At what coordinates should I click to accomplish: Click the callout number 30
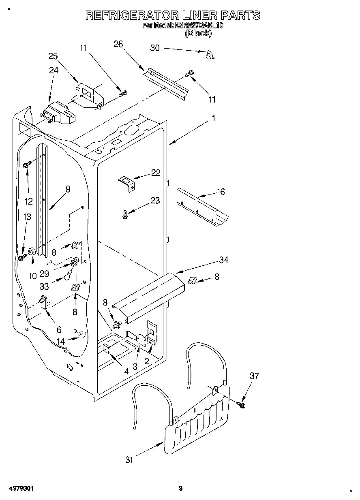[x=155, y=48]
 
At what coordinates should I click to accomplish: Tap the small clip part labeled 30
[x=210, y=54]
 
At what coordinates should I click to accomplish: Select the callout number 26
[x=118, y=44]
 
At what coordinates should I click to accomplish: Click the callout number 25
[x=53, y=56]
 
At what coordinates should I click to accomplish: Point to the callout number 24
[x=54, y=70]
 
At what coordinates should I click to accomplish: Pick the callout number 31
[x=129, y=459]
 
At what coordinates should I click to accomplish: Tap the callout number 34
[x=223, y=260]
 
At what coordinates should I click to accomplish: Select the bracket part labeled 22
[x=126, y=182]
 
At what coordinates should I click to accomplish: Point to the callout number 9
[x=67, y=189]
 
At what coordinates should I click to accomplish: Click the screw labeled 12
[x=27, y=165]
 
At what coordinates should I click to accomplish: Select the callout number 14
[x=61, y=342]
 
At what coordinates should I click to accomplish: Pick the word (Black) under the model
[x=198, y=34]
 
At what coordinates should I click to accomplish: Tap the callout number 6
[x=59, y=330]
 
